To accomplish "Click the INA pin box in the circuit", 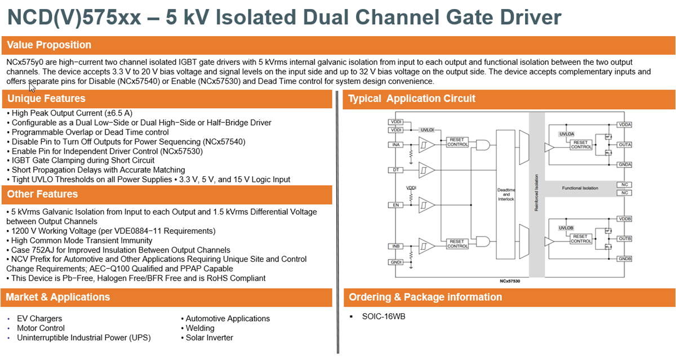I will tap(396, 145).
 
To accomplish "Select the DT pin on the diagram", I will tap(396, 170).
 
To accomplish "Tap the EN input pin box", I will tap(396, 205).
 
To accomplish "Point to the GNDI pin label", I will tap(396, 262).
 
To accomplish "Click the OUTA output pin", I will tap(624, 145).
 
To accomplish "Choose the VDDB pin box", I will tap(624, 219).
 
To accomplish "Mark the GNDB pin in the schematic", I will tap(624, 259).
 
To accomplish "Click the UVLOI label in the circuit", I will tap(427, 130).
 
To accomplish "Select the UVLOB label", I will tap(565, 228).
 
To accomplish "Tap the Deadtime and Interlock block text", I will tap(506, 194).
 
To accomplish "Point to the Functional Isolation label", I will tap(580, 188).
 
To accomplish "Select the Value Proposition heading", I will tap(49, 45).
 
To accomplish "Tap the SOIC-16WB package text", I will tap(384, 316).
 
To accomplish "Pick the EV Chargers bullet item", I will tap(39, 318).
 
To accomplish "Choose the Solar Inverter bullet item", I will tap(209, 337).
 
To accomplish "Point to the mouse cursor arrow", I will tap(32, 87).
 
